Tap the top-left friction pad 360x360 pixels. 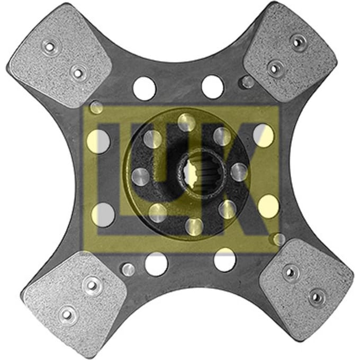[x=60, y=55]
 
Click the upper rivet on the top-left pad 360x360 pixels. [x=49, y=47]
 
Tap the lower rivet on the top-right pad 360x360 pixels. [x=274, y=68]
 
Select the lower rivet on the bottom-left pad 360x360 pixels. [x=67, y=314]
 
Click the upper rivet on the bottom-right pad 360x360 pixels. [x=290, y=273]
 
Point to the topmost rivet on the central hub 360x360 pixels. [x=186, y=122]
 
